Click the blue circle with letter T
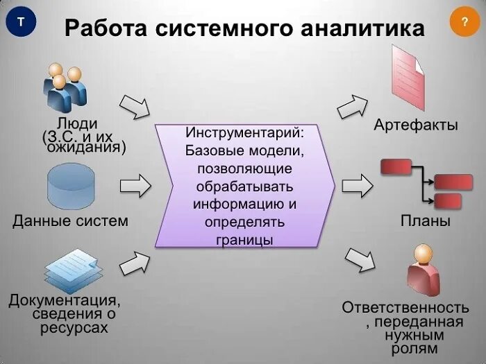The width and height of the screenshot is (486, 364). pos(21,22)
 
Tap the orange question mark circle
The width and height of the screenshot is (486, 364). pos(464,22)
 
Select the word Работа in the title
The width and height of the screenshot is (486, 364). pos(106,28)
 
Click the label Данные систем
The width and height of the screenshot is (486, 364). pos(71,221)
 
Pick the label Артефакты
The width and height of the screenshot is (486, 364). pos(416,125)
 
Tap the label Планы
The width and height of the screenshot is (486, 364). pos(426,221)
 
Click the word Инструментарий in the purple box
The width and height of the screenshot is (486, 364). pos(245,132)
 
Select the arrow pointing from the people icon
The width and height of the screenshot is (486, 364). pos(135,106)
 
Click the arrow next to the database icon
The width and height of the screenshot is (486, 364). pos(135,187)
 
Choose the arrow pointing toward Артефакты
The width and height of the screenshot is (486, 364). pos(354,106)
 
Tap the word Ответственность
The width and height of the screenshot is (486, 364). pos(405,307)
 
